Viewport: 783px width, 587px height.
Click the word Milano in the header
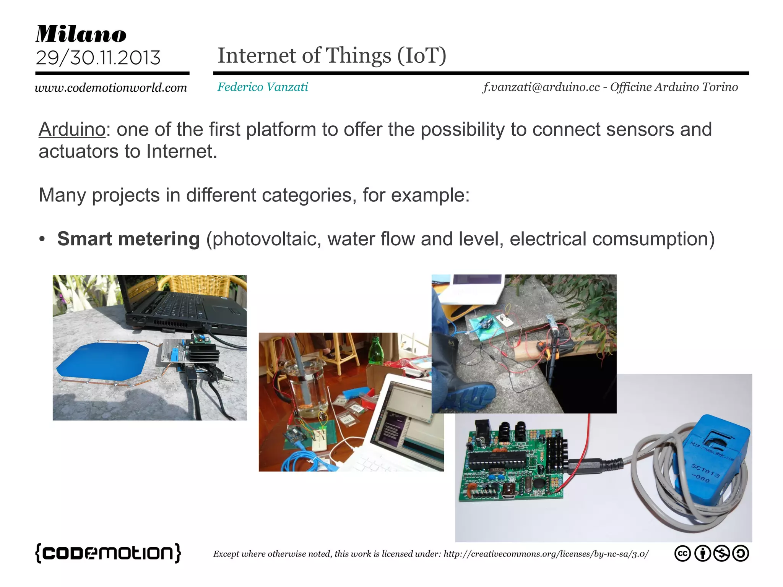click(81, 34)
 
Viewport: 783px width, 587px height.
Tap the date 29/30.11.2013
click(98, 58)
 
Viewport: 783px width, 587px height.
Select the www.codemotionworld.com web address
click(111, 88)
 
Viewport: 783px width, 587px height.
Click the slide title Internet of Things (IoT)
click(331, 56)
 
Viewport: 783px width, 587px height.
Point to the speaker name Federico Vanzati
click(263, 87)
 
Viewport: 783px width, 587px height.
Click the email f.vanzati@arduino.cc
click(541, 87)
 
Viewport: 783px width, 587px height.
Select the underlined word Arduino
click(72, 129)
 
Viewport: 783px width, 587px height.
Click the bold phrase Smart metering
click(128, 239)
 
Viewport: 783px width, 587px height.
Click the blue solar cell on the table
click(102, 362)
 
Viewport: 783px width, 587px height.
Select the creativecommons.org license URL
click(546, 554)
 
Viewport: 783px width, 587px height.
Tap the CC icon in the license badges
click(682, 553)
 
